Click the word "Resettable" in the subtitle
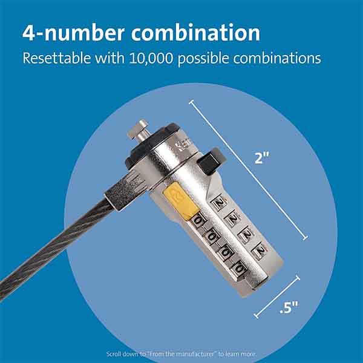coord(56,59)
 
